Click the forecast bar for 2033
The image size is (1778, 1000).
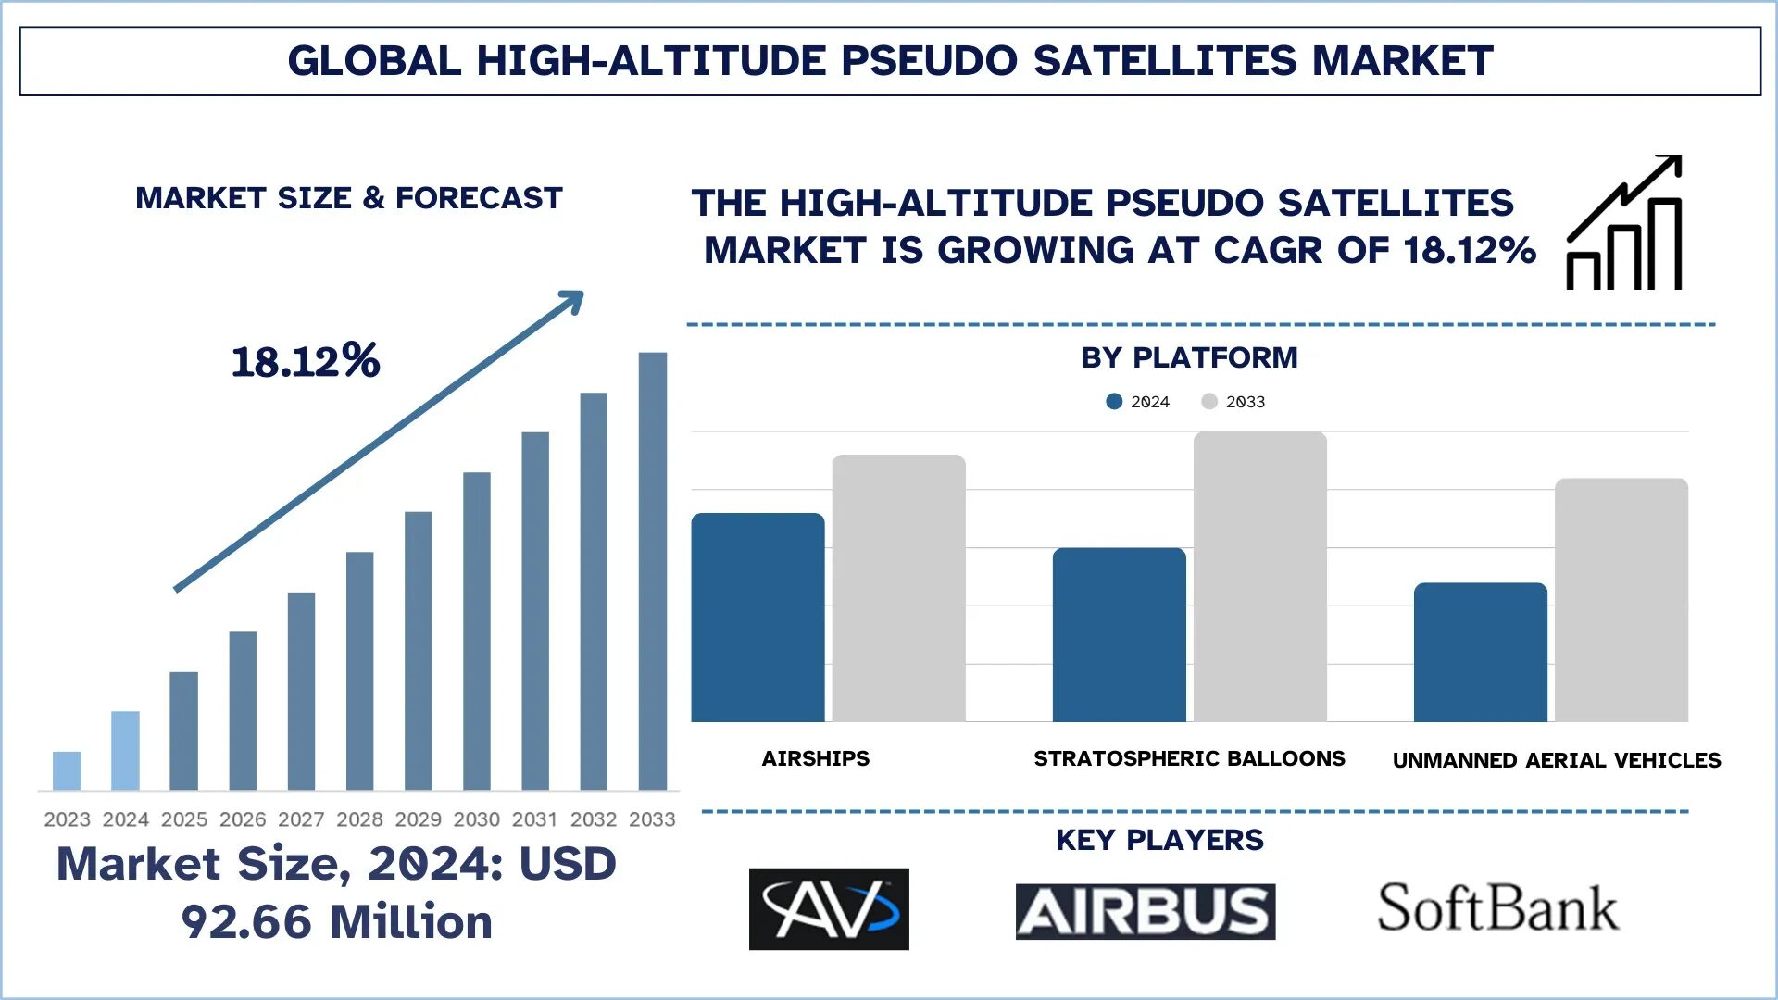click(x=652, y=571)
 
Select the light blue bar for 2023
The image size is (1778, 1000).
click(x=67, y=770)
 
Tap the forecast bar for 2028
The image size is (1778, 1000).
click(x=359, y=670)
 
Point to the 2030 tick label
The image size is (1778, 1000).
click(x=476, y=819)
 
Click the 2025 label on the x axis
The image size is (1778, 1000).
click(x=183, y=819)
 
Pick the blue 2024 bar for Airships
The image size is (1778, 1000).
click(x=758, y=618)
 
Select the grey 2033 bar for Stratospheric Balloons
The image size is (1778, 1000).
click(x=1259, y=577)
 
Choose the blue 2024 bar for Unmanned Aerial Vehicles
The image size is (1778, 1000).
click(x=1480, y=652)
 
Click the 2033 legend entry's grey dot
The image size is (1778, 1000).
click(x=1208, y=401)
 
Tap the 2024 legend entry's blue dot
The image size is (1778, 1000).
click(x=1114, y=401)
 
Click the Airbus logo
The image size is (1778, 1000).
click(x=1145, y=911)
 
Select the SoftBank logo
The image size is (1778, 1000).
click(x=1497, y=907)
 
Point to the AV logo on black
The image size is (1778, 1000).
click(x=829, y=908)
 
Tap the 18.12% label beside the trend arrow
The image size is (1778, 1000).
click(x=306, y=361)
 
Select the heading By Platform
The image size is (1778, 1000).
click(x=1189, y=357)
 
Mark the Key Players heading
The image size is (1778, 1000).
click(x=1159, y=840)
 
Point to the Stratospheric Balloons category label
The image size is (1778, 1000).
click(x=1189, y=758)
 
